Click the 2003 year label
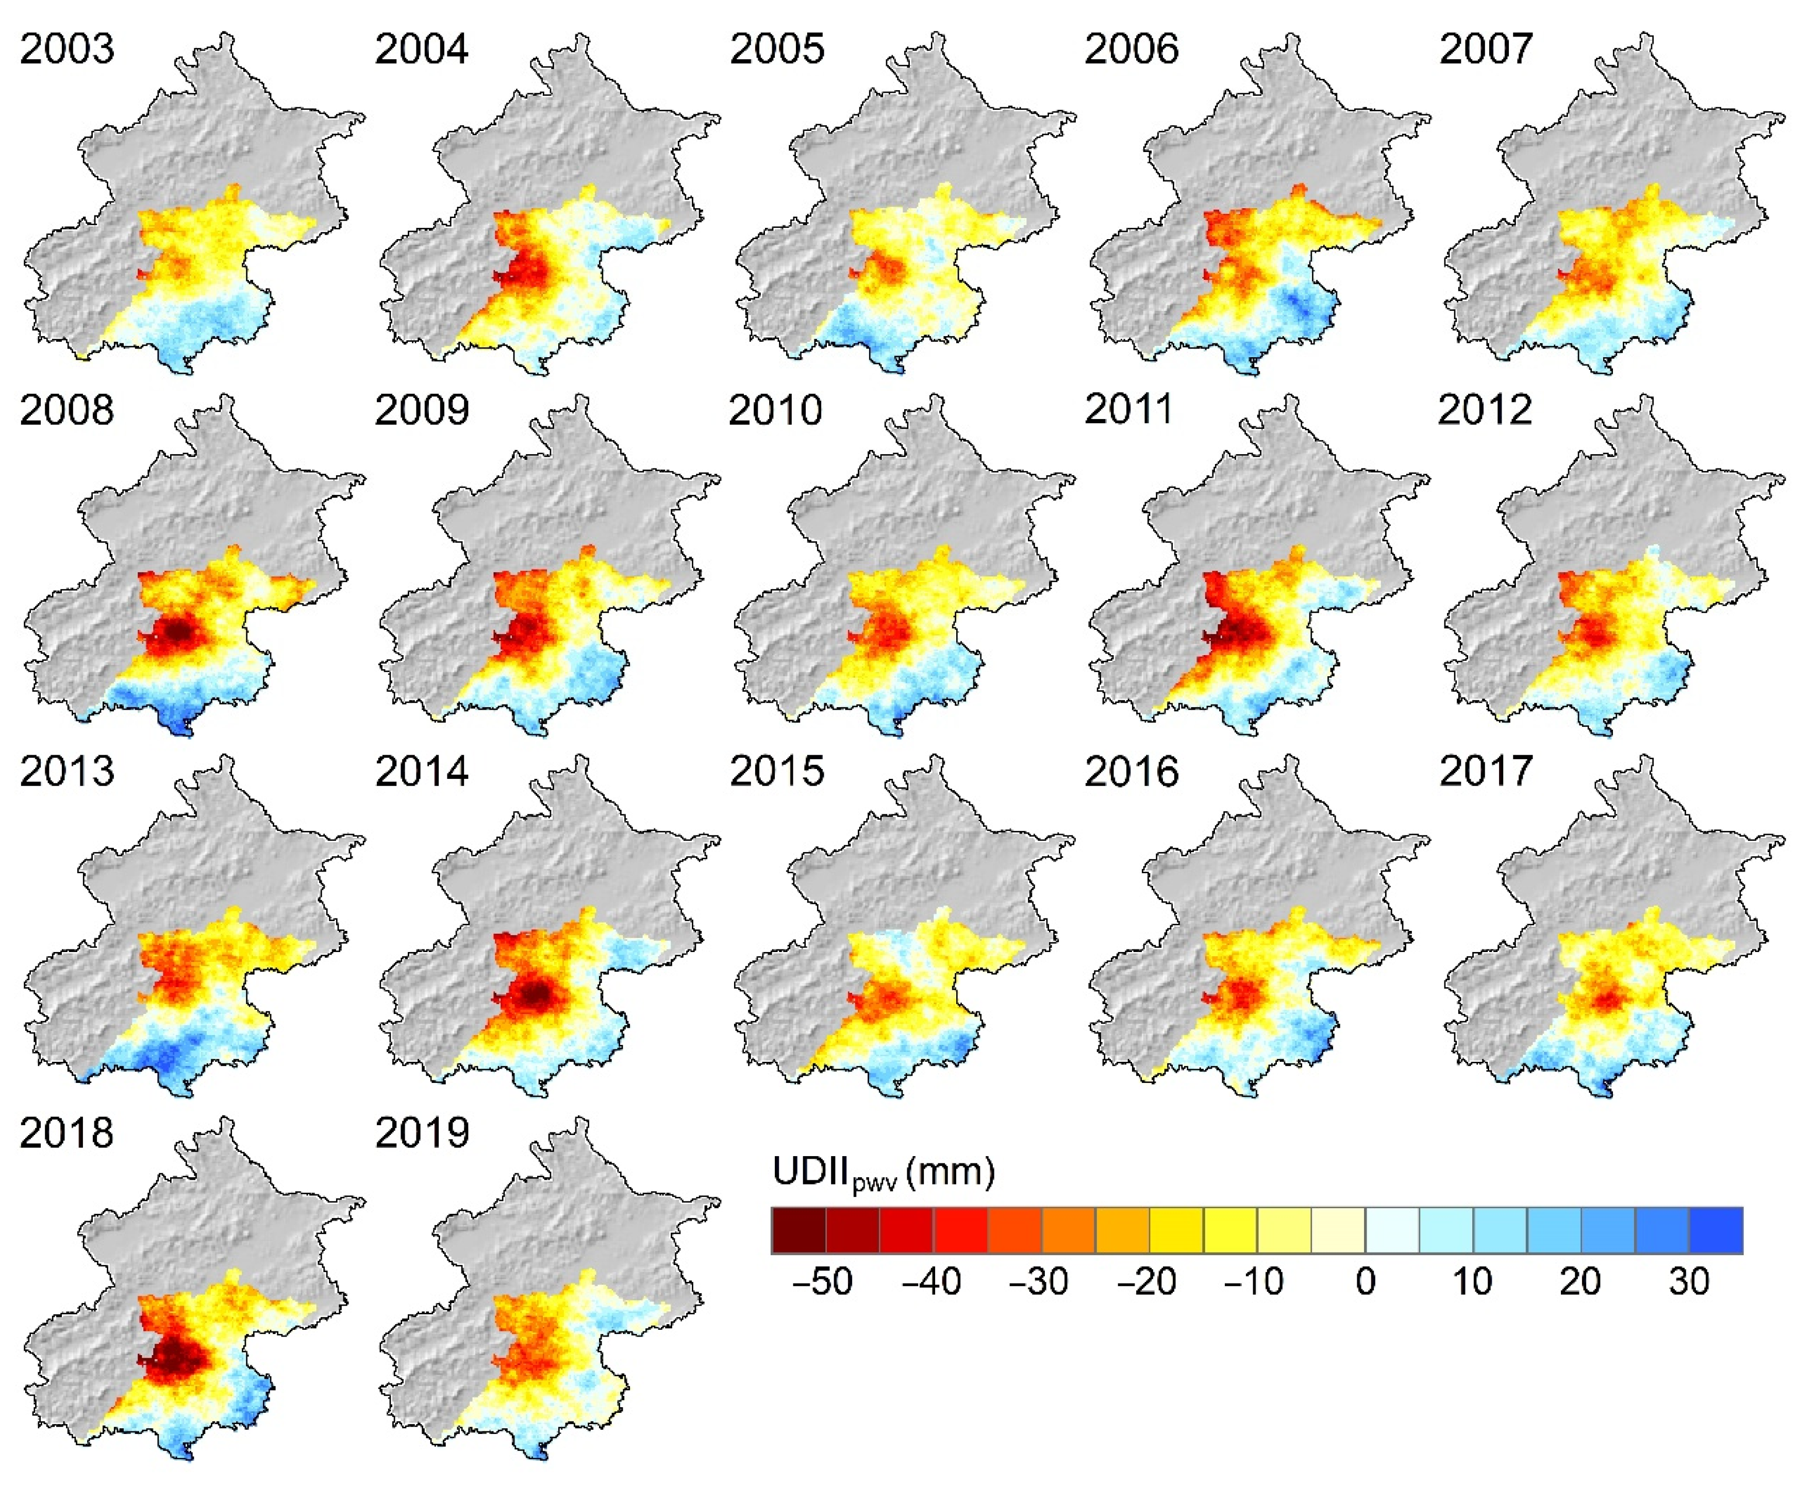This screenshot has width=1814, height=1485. pos(66,49)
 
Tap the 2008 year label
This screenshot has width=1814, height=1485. pos(66,411)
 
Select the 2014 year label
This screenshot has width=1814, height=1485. pos(422,772)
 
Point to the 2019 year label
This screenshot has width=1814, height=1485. pos(422,1133)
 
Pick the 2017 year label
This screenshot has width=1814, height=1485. pos(1486,772)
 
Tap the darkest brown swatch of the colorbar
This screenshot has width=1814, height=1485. pos(798,1230)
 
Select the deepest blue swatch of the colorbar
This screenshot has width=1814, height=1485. pos(1716,1230)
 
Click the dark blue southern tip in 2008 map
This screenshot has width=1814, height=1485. pos(179,724)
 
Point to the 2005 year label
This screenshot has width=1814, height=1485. pos(776,49)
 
